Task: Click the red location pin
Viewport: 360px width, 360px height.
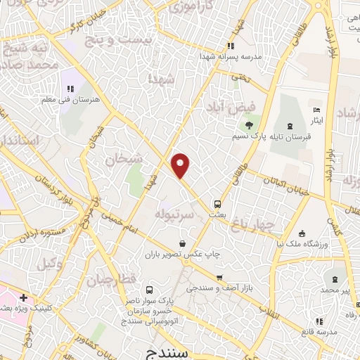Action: [x=181, y=165]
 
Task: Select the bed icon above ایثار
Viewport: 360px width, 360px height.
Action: [x=317, y=110]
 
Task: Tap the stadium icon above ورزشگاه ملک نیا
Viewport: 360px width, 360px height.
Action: [x=302, y=233]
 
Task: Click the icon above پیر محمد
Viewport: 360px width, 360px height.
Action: [x=335, y=279]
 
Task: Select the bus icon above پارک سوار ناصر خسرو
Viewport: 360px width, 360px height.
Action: [x=148, y=289]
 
